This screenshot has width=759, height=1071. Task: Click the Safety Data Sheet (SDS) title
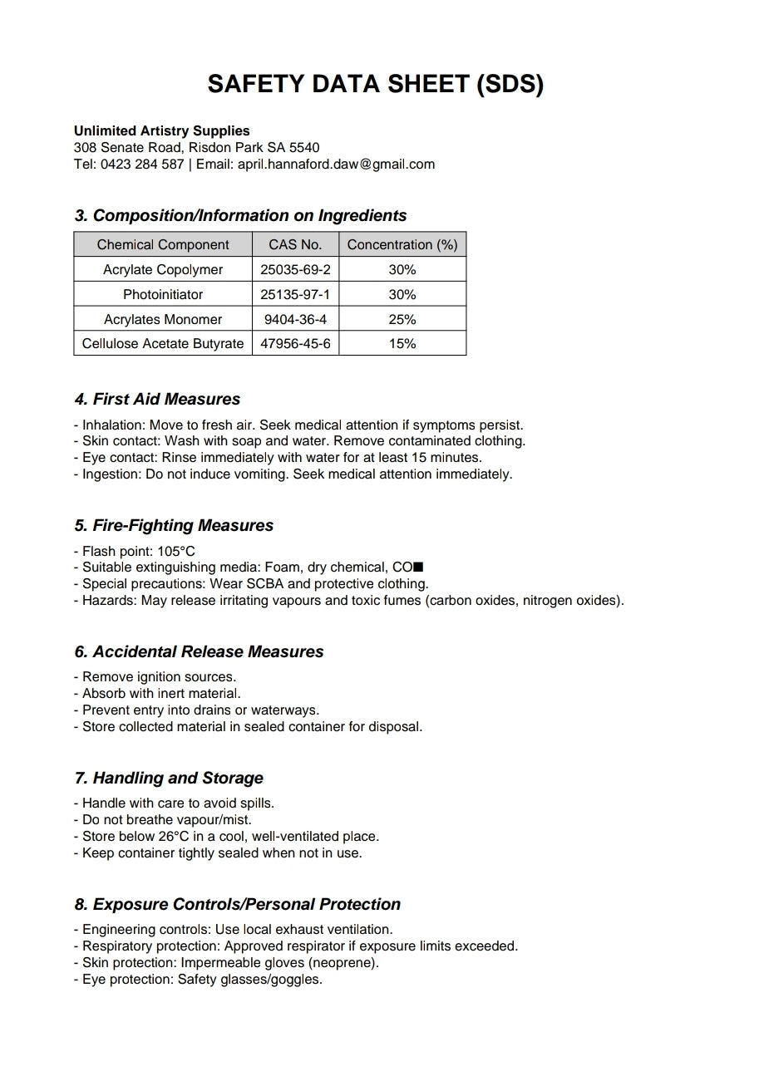[x=376, y=84]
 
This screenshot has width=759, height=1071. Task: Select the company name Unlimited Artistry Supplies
[x=161, y=130]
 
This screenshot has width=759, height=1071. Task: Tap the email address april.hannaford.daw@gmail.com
[x=336, y=164]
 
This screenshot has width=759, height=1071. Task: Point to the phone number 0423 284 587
[x=142, y=164]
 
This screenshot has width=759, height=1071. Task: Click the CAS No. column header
[x=295, y=244]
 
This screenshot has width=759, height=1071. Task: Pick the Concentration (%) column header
[x=402, y=244]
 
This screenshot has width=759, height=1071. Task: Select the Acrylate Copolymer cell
[x=163, y=269]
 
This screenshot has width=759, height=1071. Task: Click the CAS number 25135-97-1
[x=295, y=294]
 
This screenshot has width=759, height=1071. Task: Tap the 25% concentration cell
[x=402, y=319]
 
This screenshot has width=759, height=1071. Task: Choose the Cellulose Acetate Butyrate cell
[x=163, y=343]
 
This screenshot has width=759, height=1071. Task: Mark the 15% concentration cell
[x=402, y=343]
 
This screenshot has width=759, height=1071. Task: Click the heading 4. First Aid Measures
[x=157, y=399]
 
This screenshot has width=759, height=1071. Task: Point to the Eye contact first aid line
[x=278, y=457]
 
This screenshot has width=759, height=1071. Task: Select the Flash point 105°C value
[x=176, y=551]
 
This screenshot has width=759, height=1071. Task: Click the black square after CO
[x=418, y=567]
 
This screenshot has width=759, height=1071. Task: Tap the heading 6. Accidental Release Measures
[x=199, y=651]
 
